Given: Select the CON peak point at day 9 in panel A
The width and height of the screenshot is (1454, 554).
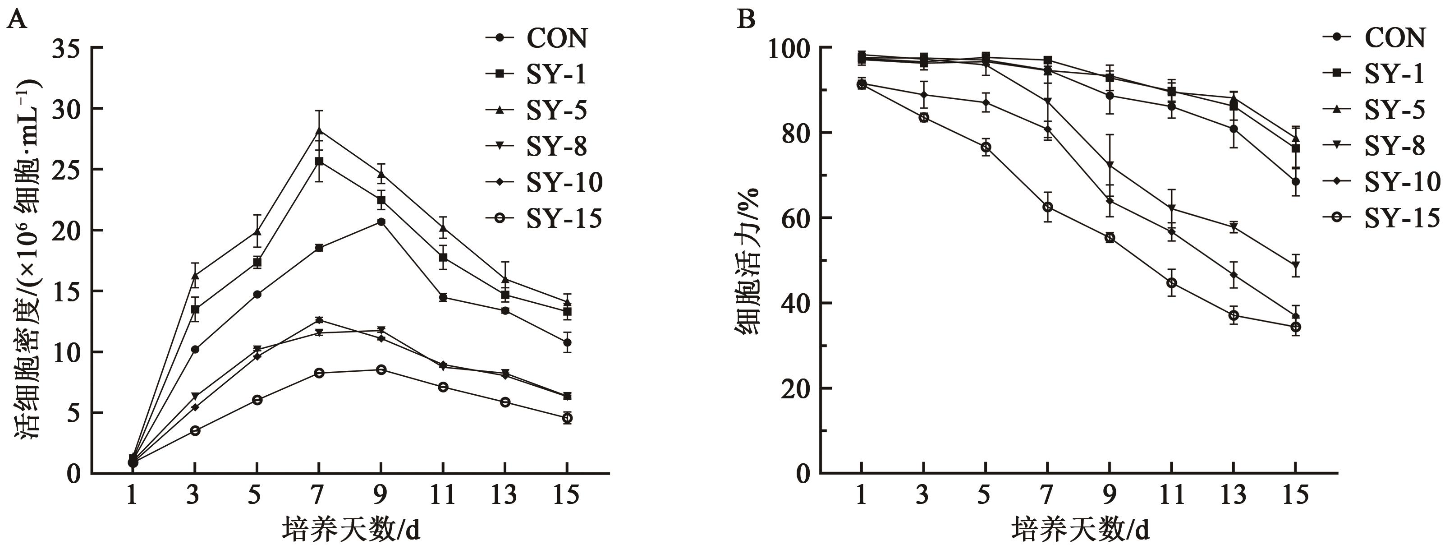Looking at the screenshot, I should pyautogui.click(x=381, y=222).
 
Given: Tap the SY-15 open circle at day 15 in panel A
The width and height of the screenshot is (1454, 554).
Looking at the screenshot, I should pyautogui.click(x=567, y=418).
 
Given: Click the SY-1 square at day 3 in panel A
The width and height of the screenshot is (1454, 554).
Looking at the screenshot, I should pyautogui.click(x=195, y=309).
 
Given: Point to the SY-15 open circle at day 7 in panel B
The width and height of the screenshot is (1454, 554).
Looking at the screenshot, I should pyautogui.click(x=1048, y=207).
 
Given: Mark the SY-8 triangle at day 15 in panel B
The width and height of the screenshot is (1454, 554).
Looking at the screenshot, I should pyautogui.click(x=1296, y=265).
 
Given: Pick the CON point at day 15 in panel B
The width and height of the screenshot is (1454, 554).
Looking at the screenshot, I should pyautogui.click(x=1296, y=181).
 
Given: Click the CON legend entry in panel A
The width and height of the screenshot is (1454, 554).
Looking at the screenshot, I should pyautogui.click(x=536, y=38).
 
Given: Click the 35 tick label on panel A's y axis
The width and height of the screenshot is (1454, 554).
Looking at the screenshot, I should pyautogui.click(x=66, y=49).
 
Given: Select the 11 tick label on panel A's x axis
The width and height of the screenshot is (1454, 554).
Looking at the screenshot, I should pyautogui.click(x=443, y=495).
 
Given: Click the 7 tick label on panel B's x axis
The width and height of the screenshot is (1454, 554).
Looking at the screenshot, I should pyautogui.click(x=1047, y=495).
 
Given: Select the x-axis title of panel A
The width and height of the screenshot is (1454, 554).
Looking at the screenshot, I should pyautogui.click(x=351, y=530).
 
